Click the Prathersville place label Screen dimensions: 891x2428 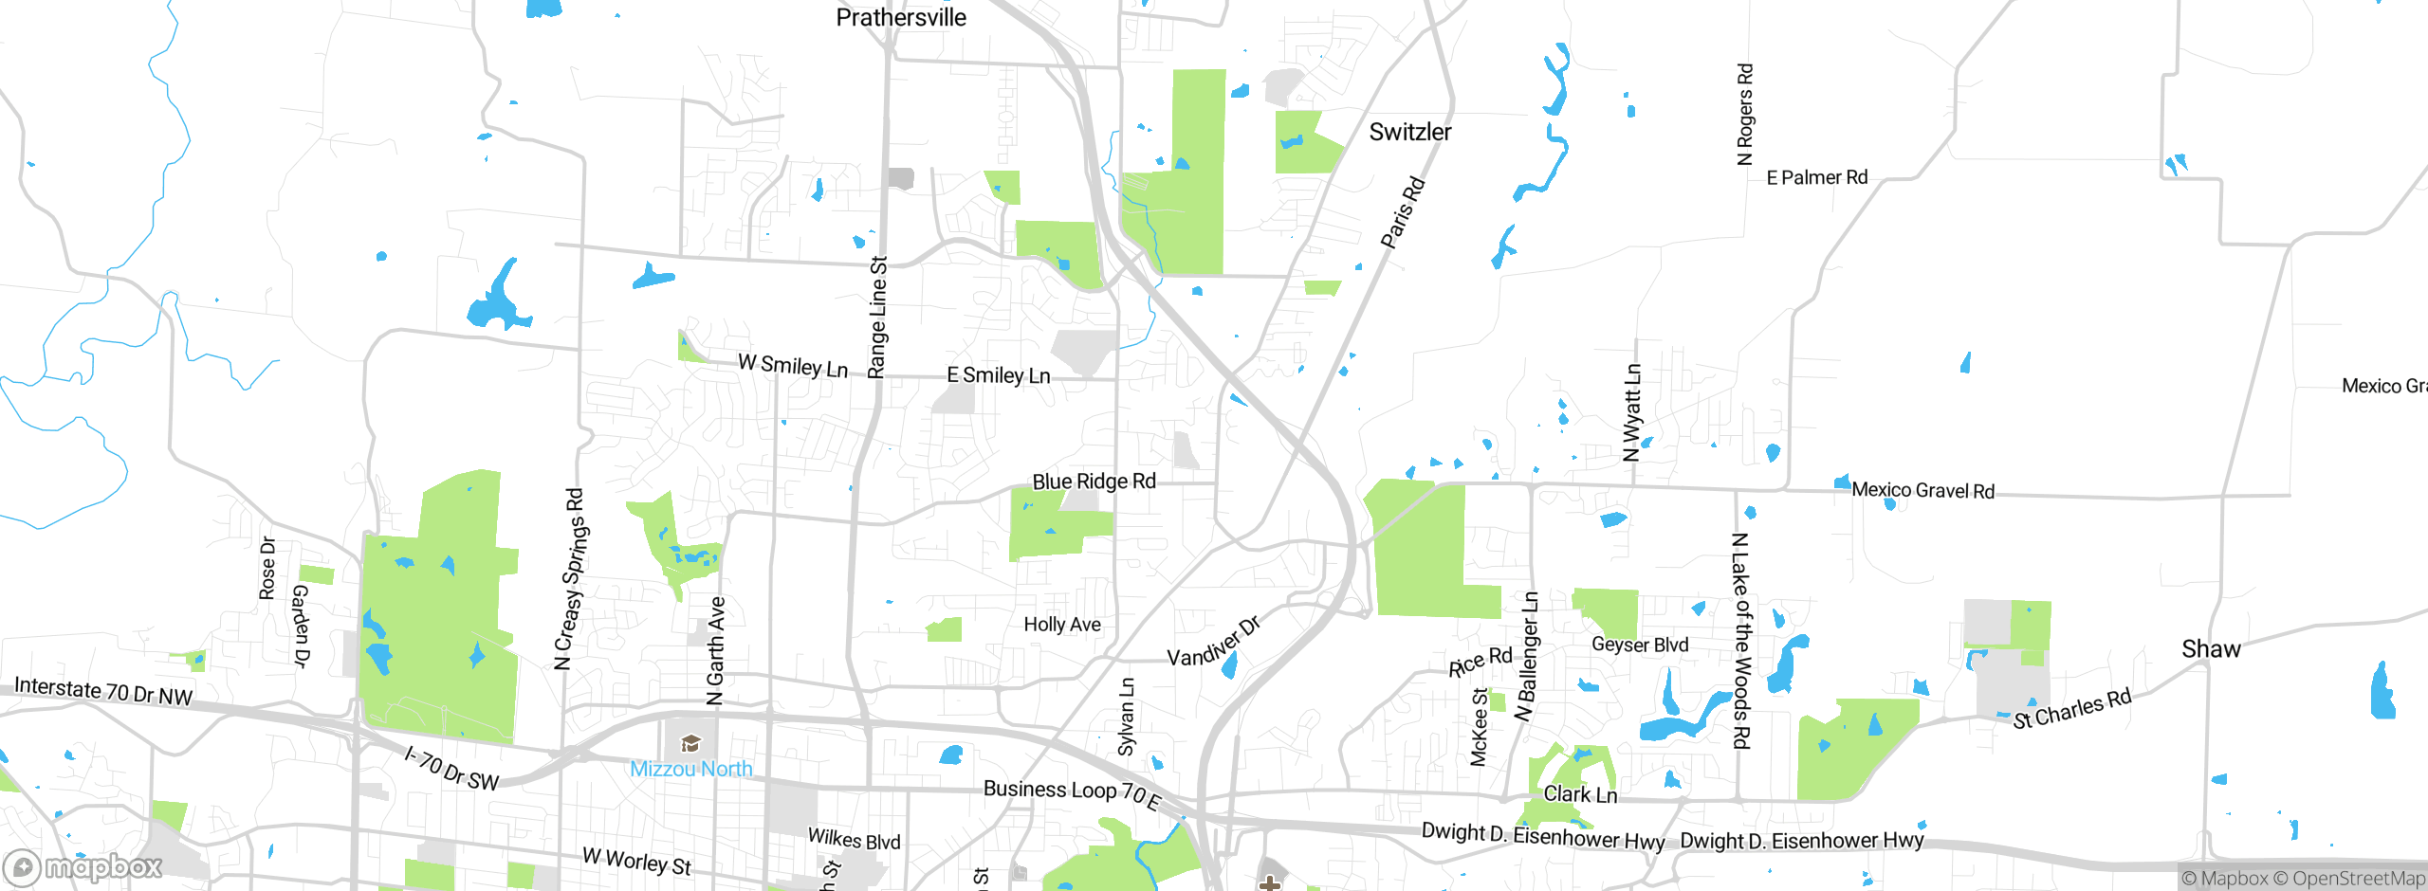[900, 17]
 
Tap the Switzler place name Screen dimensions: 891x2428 [1409, 132]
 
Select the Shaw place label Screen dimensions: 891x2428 [2211, 649]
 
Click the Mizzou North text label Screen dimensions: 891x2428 [690, 769]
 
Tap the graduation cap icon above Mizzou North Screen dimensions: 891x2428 [690, 743]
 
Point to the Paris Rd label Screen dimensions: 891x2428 [1403, 212]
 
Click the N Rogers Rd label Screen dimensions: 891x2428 [1745, 114]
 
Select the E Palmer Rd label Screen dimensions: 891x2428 [1816, 177]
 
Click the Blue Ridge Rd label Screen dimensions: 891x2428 [1094, 482]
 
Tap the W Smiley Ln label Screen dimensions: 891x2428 [793, 365]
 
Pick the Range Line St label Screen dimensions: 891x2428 [878, 317]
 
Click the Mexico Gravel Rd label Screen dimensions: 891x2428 [1922, 490]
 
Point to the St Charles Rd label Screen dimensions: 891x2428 [2072, 709]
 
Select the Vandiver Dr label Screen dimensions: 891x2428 [1214, 643]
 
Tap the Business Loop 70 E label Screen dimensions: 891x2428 [1072, 793]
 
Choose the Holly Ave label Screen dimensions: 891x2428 [1062, 624]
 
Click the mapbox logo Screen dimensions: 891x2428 [83, 866]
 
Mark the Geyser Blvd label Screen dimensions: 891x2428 [1640, 645]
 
